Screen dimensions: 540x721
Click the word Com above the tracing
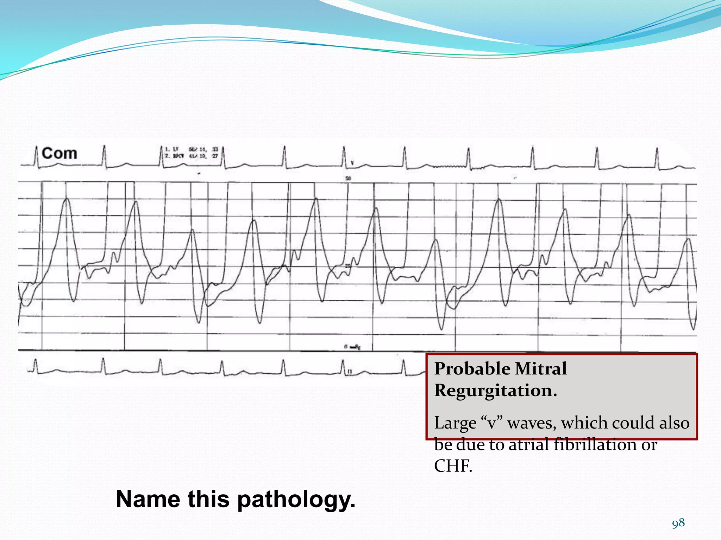(x=59, y=154)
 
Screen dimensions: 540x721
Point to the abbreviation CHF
(x=453, y=466)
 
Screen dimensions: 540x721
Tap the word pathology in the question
(x=296, y=500)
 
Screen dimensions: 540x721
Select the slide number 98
(x=678, y=523)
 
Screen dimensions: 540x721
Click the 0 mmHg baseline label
(x=352, y=347)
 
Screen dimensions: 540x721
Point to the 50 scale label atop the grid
(x=348, y=178)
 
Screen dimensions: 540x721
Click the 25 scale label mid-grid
(x=348, y=266)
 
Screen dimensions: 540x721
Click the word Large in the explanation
(x=455, y=423)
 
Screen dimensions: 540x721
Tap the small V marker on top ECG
(x=352, y=163)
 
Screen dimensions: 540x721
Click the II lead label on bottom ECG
(x=350, y=372)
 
